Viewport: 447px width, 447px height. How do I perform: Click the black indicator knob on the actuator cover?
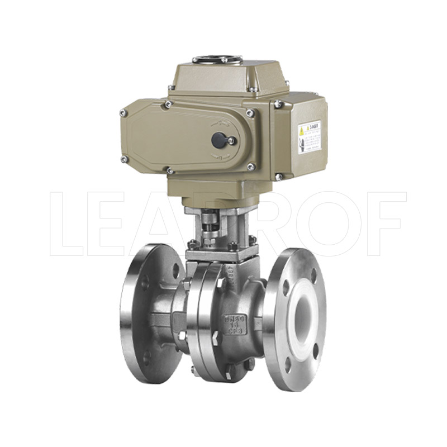[218, 139]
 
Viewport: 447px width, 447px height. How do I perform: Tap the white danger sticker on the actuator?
[309, 136]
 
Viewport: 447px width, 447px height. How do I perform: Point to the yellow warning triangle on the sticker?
[302, 131]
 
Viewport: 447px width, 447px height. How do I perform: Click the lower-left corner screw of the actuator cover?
[124, 159]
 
